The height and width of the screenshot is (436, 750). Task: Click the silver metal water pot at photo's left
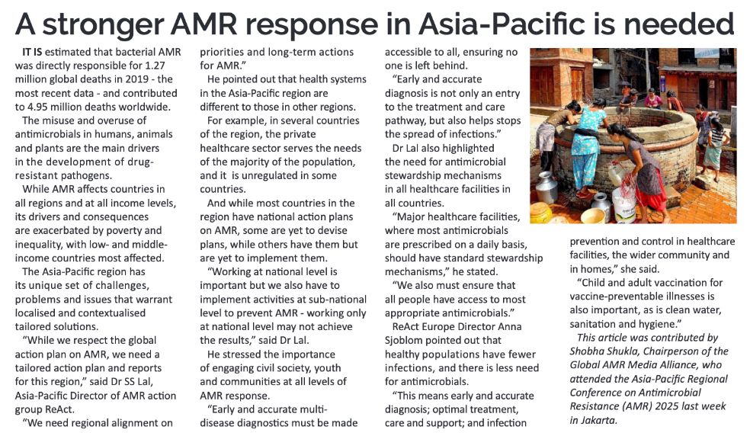coord(546,187)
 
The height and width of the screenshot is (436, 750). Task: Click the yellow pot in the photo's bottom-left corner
coord(540,213)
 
